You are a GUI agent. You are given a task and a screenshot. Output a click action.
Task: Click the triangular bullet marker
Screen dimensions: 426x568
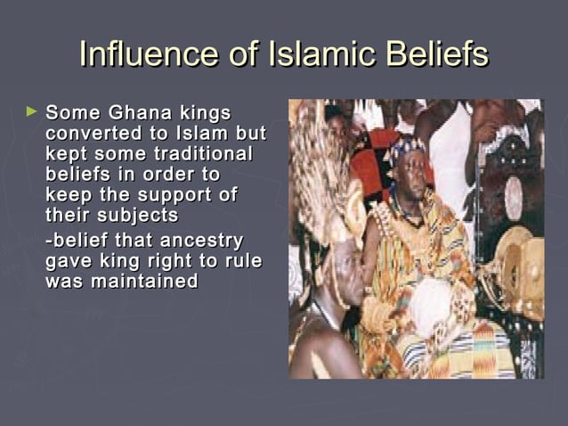coord(32,113)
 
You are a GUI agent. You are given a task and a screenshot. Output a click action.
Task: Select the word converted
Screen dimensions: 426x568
coord(87,134)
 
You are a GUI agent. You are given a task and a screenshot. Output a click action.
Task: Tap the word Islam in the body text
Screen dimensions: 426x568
coord(202,134)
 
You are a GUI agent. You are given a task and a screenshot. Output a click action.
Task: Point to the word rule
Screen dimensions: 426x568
coord(245,260)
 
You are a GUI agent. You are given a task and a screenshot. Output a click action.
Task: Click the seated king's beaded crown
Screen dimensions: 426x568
coord(408,148)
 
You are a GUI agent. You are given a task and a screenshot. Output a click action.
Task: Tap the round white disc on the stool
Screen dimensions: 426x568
coord(514,198)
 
